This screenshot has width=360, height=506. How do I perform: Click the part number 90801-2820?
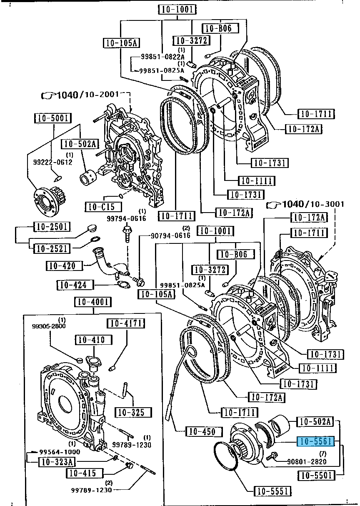[307, 461]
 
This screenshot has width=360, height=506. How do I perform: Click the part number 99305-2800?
[49, 326]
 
